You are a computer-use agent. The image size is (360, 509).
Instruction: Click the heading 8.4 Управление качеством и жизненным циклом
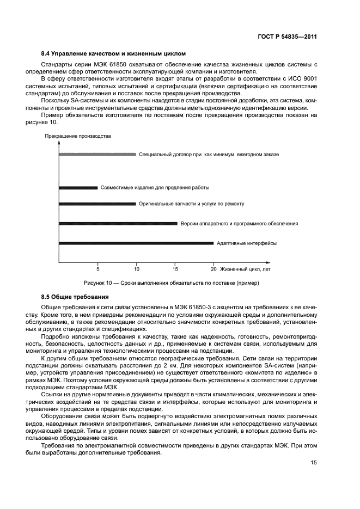113,54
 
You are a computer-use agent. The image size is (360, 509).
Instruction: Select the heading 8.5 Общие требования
75,297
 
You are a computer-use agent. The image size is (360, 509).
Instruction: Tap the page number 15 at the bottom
314,463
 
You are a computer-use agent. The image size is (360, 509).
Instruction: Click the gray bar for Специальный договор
97,155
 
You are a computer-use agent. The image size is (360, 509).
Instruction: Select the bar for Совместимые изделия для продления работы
78,188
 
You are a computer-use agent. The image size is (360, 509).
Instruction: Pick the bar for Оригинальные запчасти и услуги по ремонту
97,204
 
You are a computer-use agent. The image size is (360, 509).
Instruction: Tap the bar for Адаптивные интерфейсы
136,243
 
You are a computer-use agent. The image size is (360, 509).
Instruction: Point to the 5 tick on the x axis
98,269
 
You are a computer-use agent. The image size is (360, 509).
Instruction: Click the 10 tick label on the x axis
136,269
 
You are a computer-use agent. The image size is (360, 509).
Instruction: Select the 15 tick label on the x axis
175,269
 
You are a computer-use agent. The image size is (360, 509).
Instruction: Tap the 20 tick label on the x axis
213,269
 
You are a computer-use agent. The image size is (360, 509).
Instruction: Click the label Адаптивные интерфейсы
246,243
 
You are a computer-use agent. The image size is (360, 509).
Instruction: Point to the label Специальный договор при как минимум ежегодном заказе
209,155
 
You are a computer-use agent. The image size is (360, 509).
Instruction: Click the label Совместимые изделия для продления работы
155,188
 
